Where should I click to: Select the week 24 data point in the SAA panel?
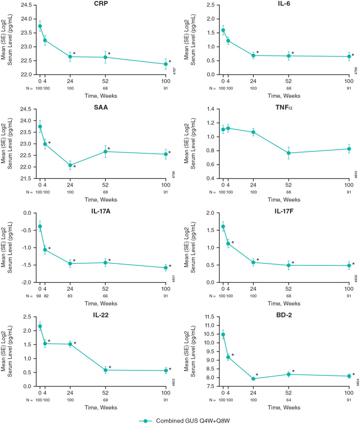70,165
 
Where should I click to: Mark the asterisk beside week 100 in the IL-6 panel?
353,56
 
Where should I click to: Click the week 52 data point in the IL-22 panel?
106,370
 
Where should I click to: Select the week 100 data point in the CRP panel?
166,64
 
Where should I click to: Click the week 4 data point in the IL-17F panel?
228,244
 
